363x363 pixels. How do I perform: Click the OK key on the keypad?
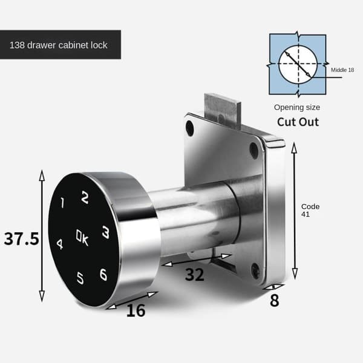pos(82,237)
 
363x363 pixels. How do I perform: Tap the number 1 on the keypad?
pos(62,203)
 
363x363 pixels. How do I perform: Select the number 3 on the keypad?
pos(106,232)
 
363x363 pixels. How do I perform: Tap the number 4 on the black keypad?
pos(60,244)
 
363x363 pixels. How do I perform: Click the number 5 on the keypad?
pos(80,278)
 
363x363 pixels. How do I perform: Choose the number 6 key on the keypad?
pos(103,274)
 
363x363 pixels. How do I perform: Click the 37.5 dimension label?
pos(22,239)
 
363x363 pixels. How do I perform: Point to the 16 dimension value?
pos(136,310)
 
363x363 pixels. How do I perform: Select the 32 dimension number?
pos(195,275)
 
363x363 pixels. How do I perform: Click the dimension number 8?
pos(275,301)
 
